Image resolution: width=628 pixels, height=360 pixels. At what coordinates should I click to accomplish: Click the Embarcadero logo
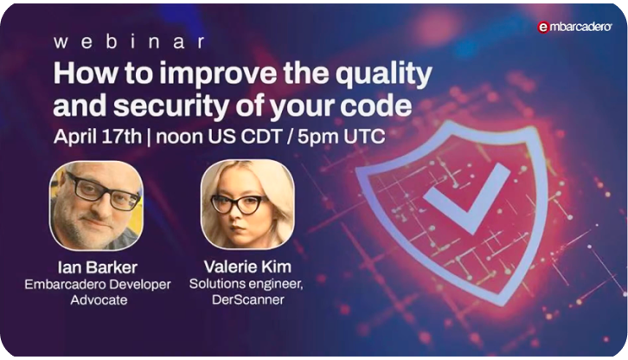click(574, 27)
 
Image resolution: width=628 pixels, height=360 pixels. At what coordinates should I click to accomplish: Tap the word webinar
click(129, 41)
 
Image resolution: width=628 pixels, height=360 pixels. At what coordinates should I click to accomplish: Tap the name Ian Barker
click(95, 267)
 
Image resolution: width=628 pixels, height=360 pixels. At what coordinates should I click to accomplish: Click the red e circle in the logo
click(543, 28)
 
